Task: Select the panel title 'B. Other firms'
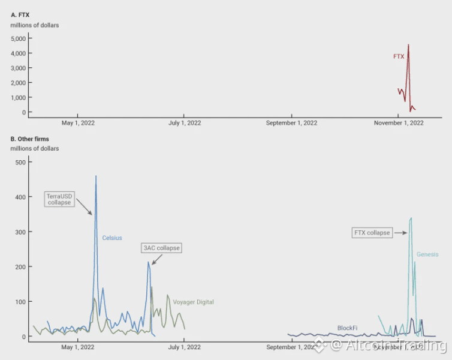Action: coord(30,139)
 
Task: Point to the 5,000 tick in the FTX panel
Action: coord(19,38)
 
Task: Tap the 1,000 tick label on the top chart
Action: coord(19,98)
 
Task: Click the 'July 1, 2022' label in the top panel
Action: coord(185,123)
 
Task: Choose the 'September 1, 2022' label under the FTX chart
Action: coord(292,123)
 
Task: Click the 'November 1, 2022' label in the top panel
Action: coord(399,123)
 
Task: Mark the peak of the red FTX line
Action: coord(408,44)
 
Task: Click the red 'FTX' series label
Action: coord(399,56)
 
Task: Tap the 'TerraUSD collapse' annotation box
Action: coord(59,199)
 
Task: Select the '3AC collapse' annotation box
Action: coord(161,248)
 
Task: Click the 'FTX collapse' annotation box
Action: coord(372,233)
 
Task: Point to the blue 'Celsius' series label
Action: coord(112,238)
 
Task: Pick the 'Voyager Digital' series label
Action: coord(193,302)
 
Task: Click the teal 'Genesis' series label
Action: coord(427,254)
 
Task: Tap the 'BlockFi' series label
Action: coord(347,328)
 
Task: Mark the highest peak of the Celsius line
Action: coord(96,176)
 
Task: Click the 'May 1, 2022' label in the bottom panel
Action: coord(78,347)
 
